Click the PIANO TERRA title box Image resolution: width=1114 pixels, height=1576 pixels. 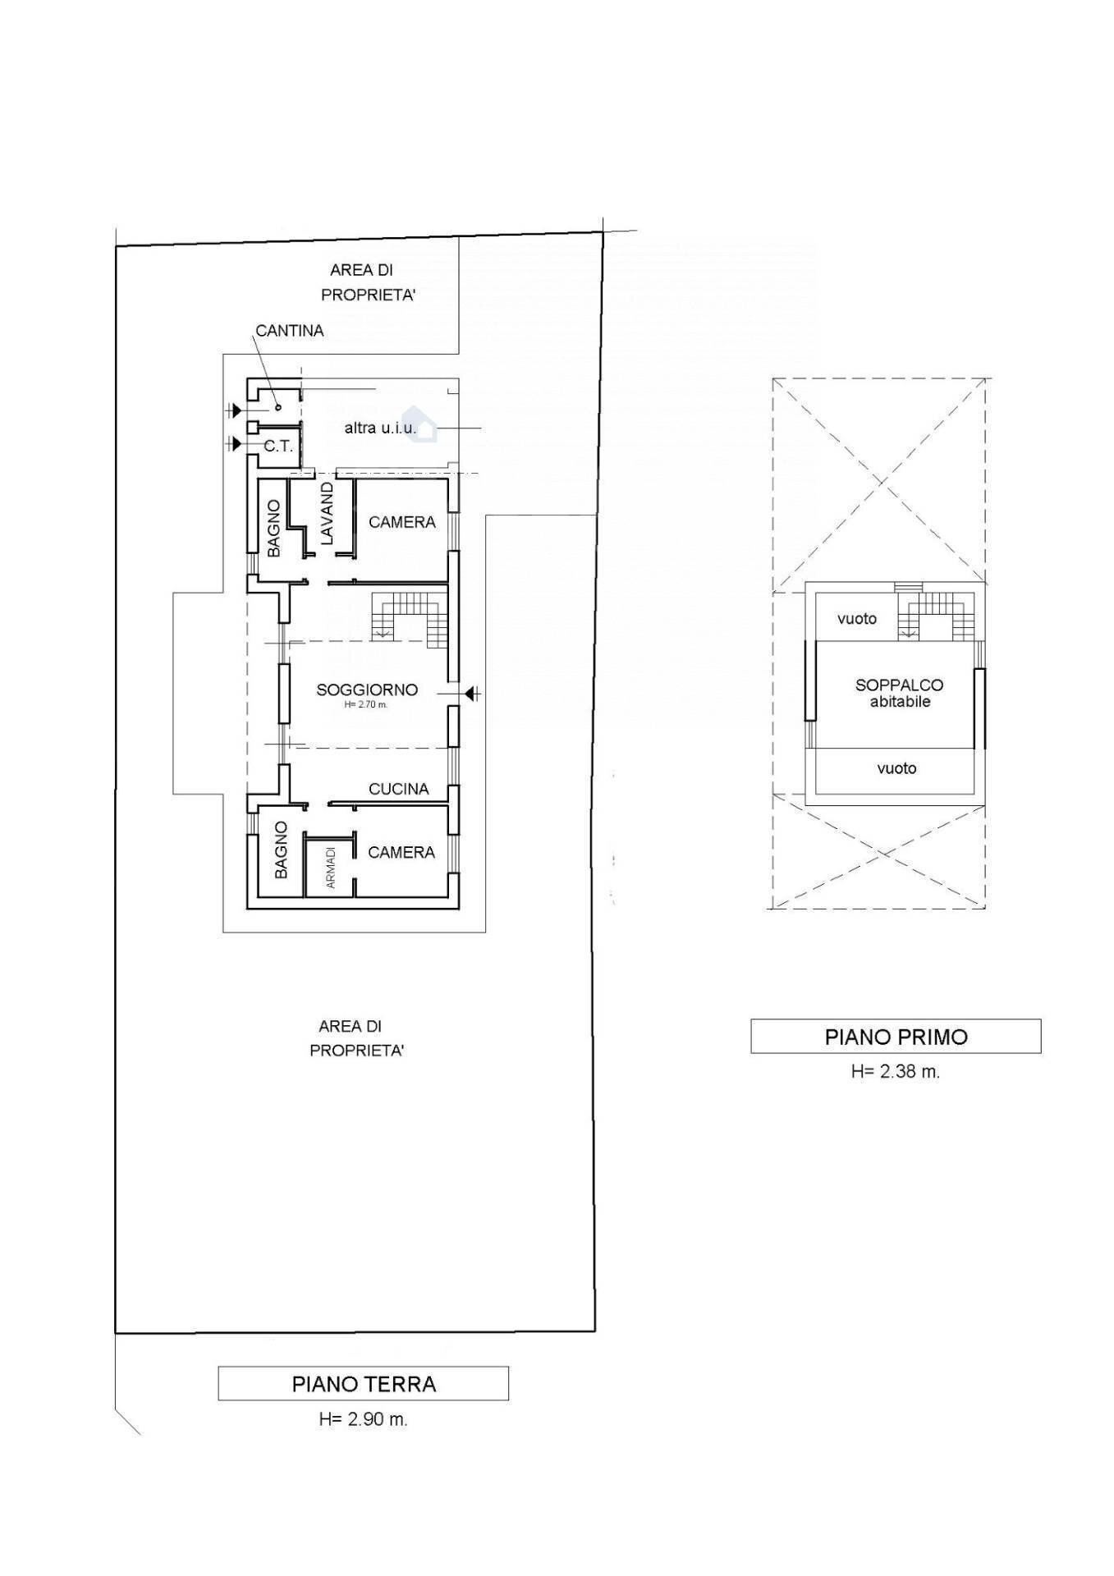(363, 1383)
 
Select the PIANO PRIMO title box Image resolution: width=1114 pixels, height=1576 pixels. (896, 1036)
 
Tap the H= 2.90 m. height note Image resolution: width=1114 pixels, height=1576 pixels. (363, 1419)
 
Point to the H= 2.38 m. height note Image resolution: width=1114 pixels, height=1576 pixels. (896, 1071)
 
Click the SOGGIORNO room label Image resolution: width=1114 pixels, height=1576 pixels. (367, 690)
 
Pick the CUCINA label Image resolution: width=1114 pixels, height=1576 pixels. (399, 789)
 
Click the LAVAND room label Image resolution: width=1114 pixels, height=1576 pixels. (327, 514)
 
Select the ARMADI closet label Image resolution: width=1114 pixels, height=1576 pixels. (331, 868)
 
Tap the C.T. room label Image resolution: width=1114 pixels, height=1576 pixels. (278, 447)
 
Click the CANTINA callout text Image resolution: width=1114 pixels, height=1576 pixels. (290, 331)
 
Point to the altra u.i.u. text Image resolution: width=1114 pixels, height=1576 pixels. (380, 428)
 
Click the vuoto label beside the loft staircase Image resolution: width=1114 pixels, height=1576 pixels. (857, 619)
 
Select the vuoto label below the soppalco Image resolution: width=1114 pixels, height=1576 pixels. (896, 768)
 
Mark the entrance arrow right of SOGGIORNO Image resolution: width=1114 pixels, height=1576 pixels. (472, 694)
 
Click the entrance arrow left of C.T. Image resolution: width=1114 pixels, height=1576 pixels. (236, 444)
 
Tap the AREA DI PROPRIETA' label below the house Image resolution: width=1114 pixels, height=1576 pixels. (356, 1038)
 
